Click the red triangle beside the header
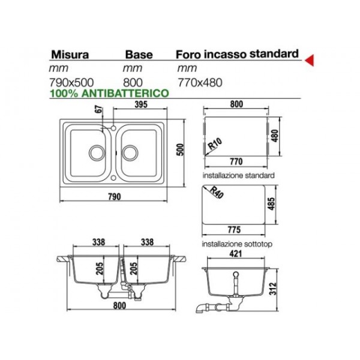pyautogui.click(x=310, y=61)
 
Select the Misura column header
pyautogui.click(x=70, y=55)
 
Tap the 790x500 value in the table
pyautogui.click(x=71, y=82)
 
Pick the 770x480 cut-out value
pyautogui.click(x=200, y=82)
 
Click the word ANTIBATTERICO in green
pyautogui.click(x=125, y=93)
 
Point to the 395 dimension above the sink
pyautogui.click(x=141, y=104)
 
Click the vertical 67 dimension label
pyautogui.click(x=99, y=109)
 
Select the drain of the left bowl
pyautogui.click(x=97, y=152)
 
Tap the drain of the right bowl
pyautogui.click(x=130, y=152)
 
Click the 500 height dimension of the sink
pyautogui.click(x=181, y=149)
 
